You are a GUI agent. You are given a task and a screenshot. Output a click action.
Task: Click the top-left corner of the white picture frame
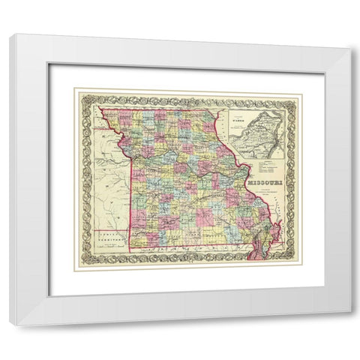[10, 34]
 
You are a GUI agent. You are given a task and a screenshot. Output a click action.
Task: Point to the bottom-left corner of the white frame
[10, 324]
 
